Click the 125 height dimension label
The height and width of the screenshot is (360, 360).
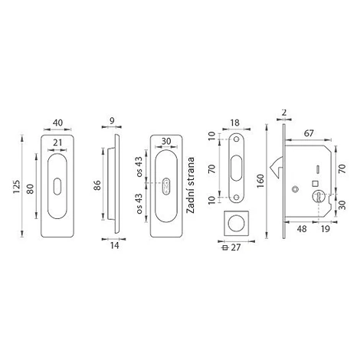tap(17, 187)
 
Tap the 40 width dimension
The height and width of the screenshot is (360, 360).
tap(57, 123)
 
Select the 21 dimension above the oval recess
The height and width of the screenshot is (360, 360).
tap(57, 142)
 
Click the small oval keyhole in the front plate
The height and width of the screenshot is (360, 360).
tap(57, 187)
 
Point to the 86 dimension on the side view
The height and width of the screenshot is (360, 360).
tap(97, 185)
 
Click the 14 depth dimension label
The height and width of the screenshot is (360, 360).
tap(115, 245)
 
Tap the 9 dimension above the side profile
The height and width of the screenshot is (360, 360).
tap(112, 121)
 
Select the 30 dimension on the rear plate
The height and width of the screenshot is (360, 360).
tap(166, 141)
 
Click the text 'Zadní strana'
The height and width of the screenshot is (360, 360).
tap(191, 185)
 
